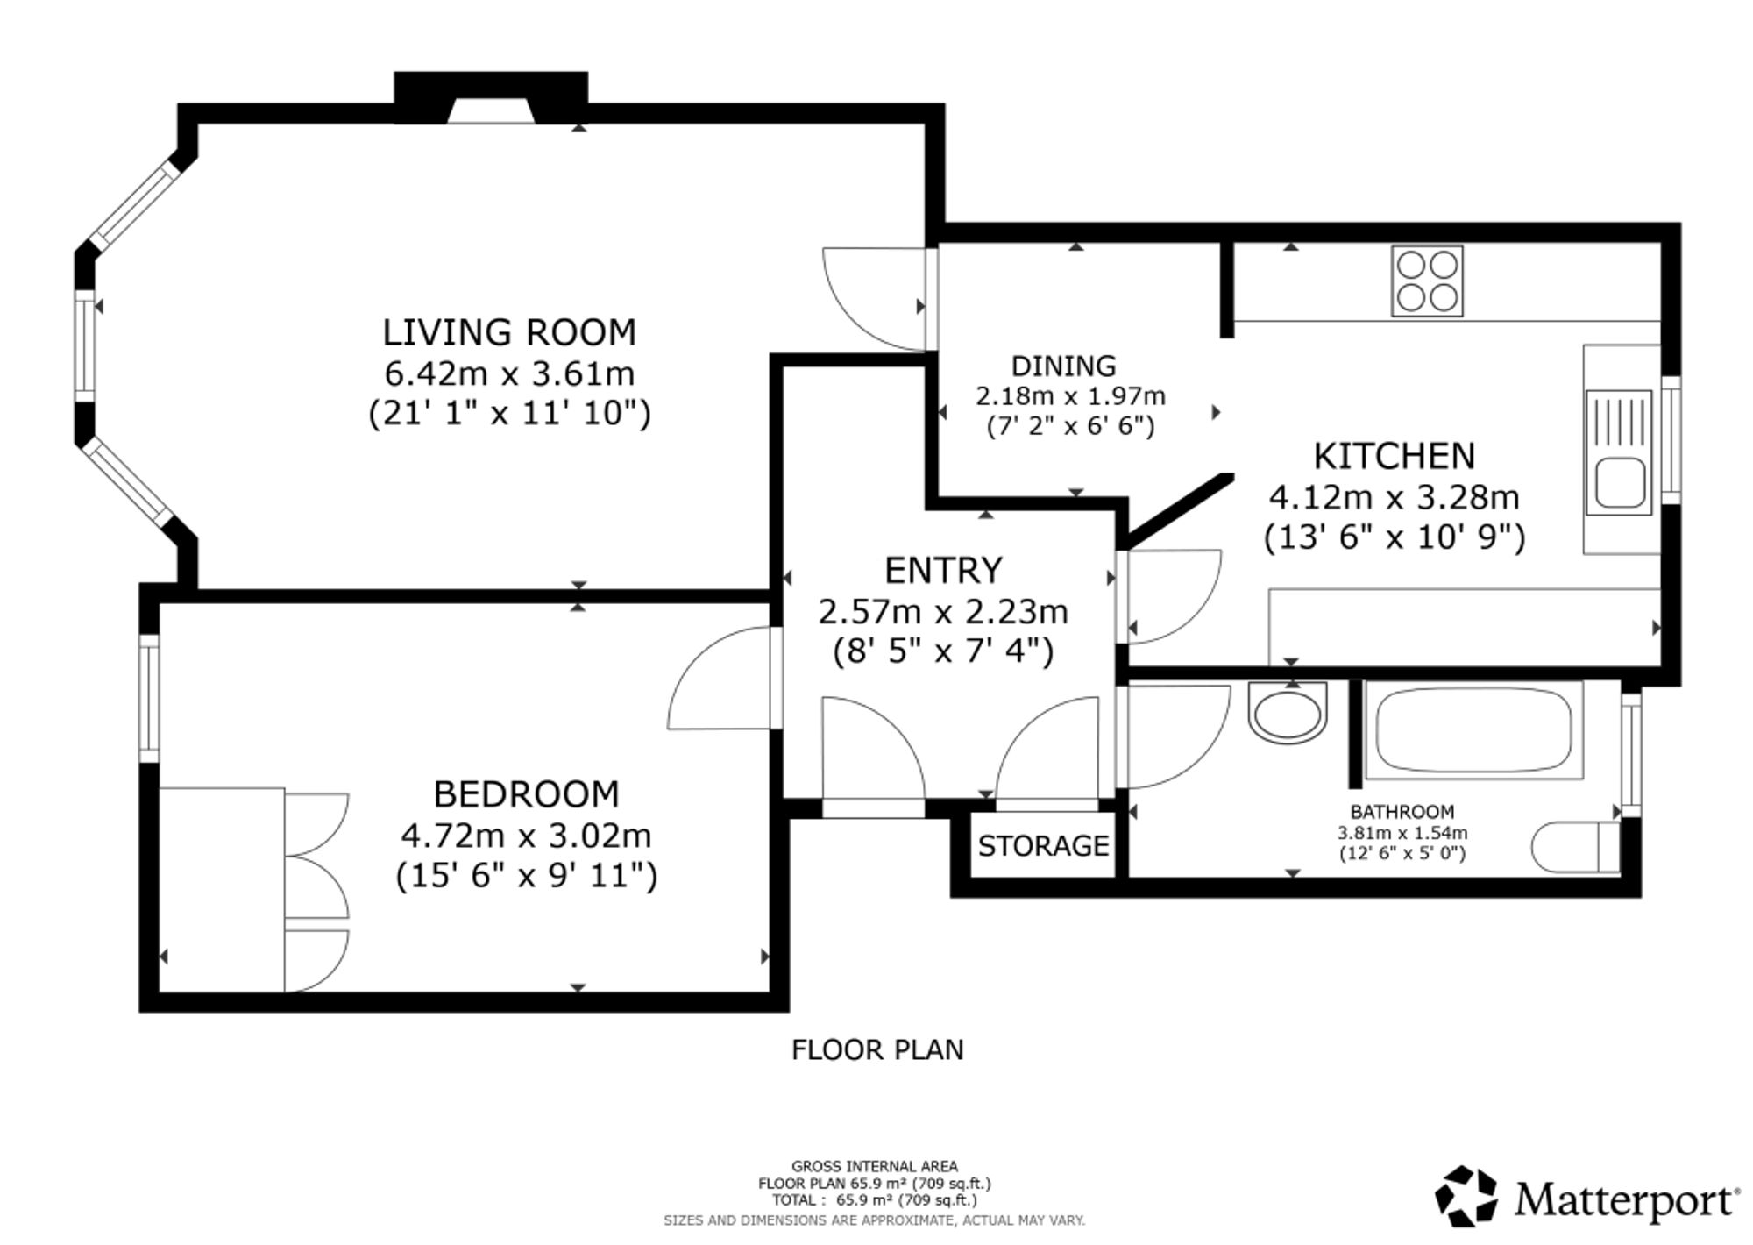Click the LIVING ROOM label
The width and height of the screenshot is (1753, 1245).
click(509, 332)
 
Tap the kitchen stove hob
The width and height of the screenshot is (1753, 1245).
click(1427, 281)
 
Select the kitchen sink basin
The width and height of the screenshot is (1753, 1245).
click(1620, 482)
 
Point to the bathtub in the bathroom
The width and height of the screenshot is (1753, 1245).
click(1473, 730)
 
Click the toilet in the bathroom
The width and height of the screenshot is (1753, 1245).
click(1576, 848)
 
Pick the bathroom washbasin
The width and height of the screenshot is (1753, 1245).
click(1288, 712)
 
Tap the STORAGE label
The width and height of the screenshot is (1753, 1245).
click(1043, 846)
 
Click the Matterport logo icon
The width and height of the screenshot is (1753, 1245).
click(1466, 1196)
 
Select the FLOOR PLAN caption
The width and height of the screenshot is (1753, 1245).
click(877, 1049)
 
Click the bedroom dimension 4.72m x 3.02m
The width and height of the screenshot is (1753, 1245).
click(526, 836)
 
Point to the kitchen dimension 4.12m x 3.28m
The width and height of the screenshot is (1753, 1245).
click(1395, 497)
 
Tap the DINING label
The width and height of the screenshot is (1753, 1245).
click(1064, 366)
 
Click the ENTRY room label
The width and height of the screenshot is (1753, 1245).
click(943, 571)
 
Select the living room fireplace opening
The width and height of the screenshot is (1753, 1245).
click(492, 111)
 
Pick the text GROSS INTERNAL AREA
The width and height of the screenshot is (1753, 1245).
click(875, 1166)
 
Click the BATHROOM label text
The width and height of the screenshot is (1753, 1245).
click(1402, 812)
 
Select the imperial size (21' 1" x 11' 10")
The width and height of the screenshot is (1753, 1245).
click(509, 413)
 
